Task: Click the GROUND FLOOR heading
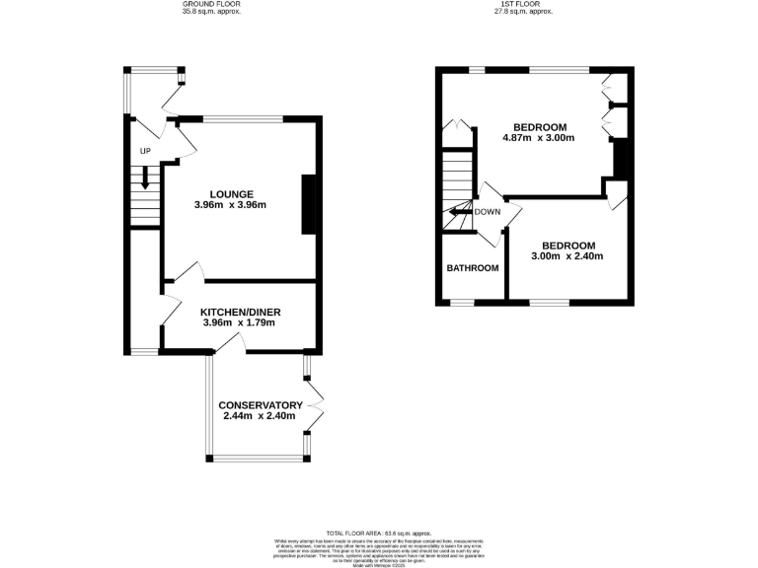pyautogui.click(x=210, y=5)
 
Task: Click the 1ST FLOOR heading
pyautogui.click(x=524, y=5)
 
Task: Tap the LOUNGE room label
pyautogui.click(x=232, y=193)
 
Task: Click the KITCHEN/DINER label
pyautogui.click(x=237, y=311)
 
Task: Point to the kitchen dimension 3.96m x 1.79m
pyautogui.click(x=237, y=322)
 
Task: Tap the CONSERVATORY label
pyautogui.click(x=260, y=405)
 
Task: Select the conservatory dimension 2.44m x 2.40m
pyautogui.click(x=260, y=417)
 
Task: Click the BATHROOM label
pyautogui.click(x=473, y=268)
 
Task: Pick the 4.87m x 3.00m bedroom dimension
pyautogui.click(x=539, y=138)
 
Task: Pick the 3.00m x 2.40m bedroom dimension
pyautogui.click(x=568, y=257)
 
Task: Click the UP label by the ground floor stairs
pyautogui.click(x=145, y=151)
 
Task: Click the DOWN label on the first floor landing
pyautogui.click(x=487, y=211)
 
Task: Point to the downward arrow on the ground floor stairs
pyautogui.click(x=145, y=178)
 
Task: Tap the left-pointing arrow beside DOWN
pyautogui.click(x=459, y=211)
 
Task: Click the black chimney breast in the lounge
pyautogui.click(x=308, y=204)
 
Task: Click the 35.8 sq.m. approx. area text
pyautogui.click(x=210, y=13)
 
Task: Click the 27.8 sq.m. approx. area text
pyautogui.click(x=524, y=13)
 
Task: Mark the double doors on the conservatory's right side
pyautogui.click(x=316, y=407)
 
